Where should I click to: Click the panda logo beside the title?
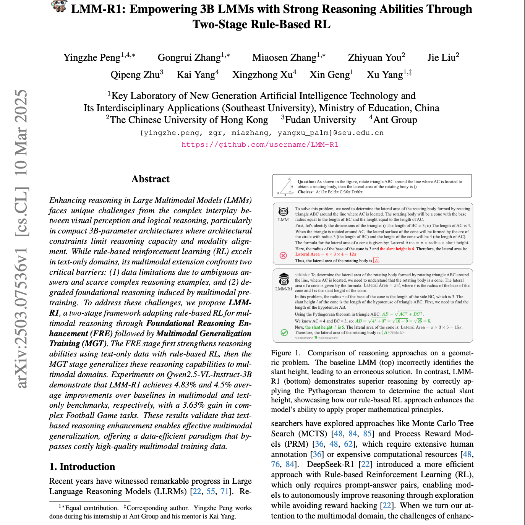tap(59, 6)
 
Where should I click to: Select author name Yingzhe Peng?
tap(92, 58)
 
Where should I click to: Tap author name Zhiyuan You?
tap(374, 58)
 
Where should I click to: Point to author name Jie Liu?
tap(441, 58)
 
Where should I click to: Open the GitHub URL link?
tap(260, 144)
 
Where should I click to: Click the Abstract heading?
tap(150, 179)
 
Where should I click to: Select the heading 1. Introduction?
tap(82, 467)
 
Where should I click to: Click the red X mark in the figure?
tap(283, 255)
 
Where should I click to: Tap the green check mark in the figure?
tap(284, 332)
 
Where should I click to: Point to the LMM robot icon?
tap(283, 211)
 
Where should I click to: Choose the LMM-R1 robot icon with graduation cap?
tap(284, 279)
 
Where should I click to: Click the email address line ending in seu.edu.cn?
tap(262, 133)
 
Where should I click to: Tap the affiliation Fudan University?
tap(320, 120)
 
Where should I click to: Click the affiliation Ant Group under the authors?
tap(395, 120)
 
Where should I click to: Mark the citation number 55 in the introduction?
tap(211, 491)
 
